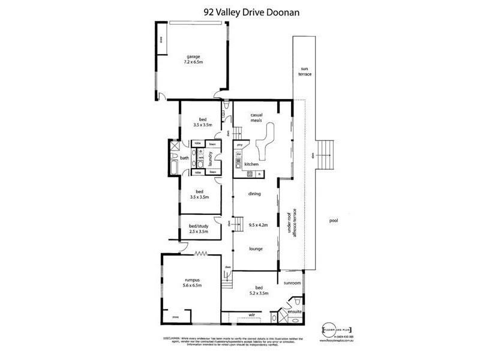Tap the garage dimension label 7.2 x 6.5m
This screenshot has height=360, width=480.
point(193,62)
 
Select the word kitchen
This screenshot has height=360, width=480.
point(250,163)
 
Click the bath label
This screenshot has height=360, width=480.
point(185,158)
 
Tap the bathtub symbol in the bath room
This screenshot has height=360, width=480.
point(173,164)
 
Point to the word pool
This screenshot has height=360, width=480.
point(334,220)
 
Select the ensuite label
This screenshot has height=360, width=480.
point(294,313)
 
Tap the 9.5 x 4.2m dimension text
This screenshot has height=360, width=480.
point(257,226)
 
